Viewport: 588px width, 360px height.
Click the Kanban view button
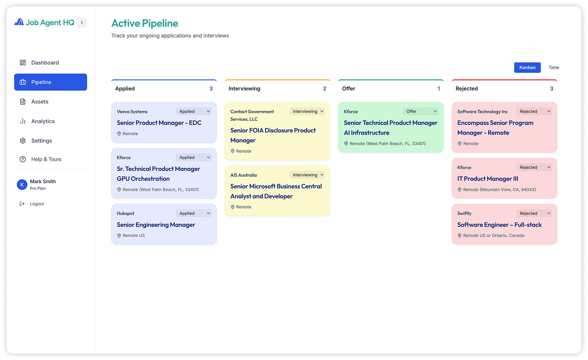click(x=527, y=67)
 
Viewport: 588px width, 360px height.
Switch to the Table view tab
click(x=554, y=67)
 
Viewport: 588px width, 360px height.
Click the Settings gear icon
click(x=23, y=141)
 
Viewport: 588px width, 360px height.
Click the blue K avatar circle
click(x=22, y=185)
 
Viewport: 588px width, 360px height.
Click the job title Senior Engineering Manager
click(x=156, y=225)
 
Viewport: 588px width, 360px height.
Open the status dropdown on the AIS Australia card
click(x=307, y=175)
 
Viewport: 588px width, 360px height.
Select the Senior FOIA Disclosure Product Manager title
click(x=273, y=135)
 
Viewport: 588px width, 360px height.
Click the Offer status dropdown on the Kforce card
click(x=421, y=112)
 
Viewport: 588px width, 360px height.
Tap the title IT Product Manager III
click(x=488, y=179)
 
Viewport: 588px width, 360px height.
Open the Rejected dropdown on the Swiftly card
click(x=534, y=213)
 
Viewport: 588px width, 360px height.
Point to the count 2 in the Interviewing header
click(x=325, y=88)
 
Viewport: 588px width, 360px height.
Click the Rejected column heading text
click(x=467, y=88)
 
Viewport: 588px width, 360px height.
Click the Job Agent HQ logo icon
click(x=19, y=22)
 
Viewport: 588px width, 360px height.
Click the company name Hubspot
click(x=125, y=213)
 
